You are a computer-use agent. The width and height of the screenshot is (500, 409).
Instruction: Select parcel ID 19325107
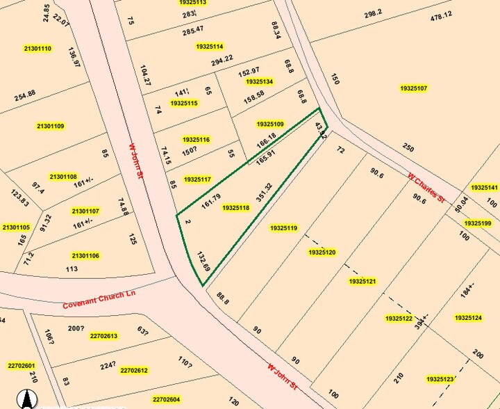point(414,88)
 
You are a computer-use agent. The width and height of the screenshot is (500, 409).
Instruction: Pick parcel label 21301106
point(85,256)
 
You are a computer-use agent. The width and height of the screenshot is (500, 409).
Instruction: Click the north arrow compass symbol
point(26,399)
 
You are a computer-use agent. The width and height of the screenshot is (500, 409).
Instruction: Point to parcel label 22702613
point(103,336)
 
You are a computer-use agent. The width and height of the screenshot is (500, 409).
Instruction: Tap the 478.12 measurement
point(441,15)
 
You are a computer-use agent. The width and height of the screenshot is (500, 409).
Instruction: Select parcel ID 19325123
point(440,379)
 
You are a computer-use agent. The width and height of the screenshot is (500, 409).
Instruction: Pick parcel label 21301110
point(37,49)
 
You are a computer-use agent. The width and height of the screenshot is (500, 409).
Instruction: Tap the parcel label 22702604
point(166,399)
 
